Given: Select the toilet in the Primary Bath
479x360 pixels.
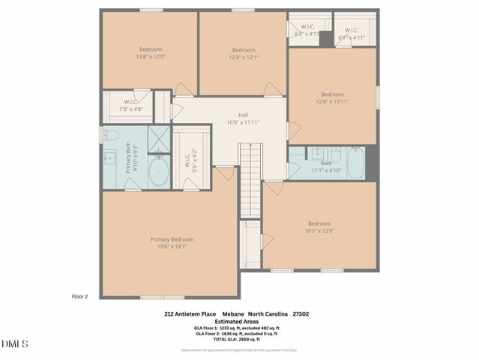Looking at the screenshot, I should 110,136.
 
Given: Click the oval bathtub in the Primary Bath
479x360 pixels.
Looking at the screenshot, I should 158,172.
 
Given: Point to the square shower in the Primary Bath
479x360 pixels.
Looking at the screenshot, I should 159,139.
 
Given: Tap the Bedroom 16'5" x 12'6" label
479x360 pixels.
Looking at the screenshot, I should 319,226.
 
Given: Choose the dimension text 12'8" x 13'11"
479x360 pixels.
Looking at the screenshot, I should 332,101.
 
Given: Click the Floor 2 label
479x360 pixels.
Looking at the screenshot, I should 79,296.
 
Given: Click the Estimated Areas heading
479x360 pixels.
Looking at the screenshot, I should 236,321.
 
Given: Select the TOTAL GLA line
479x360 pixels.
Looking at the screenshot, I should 236,339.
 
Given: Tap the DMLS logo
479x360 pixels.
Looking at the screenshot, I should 15,344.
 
